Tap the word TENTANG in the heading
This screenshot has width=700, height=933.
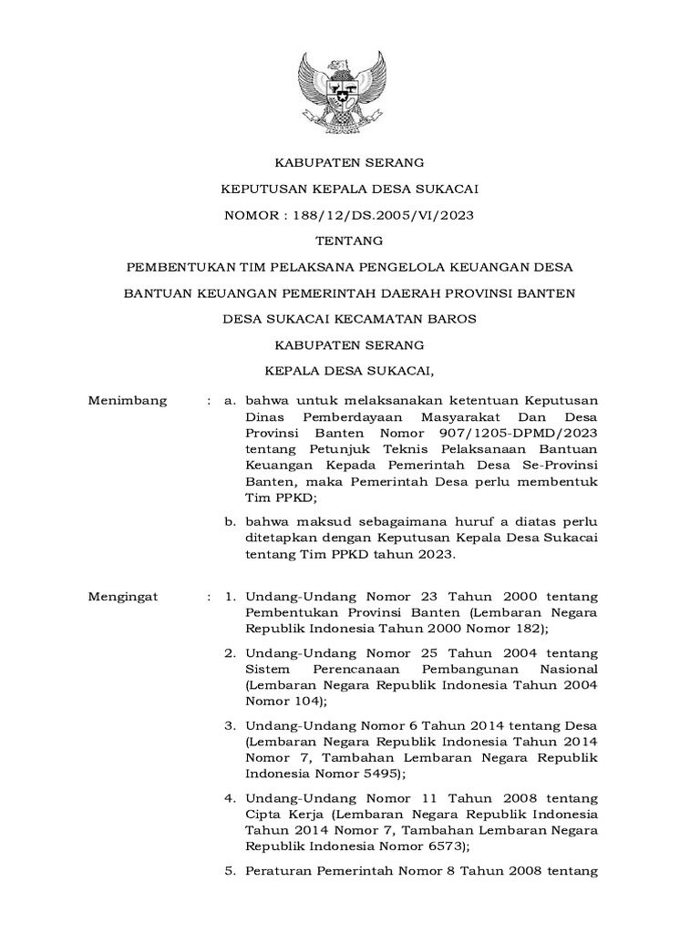tap(349, 241)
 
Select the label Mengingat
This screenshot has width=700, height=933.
tap(123, 596)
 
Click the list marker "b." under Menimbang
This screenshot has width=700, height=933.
tap(232, 521)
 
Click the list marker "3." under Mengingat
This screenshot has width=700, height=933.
tap(232, 725)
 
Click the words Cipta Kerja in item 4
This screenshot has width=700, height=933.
tap(281, 814)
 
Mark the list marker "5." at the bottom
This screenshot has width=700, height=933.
tap(232, 871)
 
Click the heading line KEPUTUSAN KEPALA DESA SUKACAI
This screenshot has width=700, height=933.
tap(350, 189)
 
